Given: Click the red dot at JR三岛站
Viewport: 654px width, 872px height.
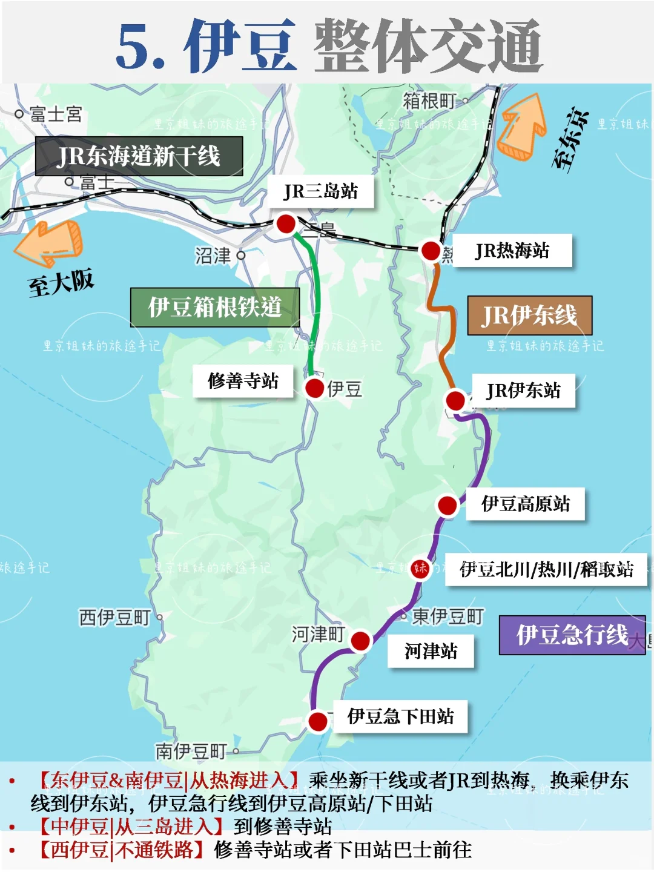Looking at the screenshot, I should pos(286,223).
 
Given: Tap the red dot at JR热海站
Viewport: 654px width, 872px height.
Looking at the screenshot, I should pos(431,250).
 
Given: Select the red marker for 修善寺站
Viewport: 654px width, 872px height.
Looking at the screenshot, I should pos(314,388).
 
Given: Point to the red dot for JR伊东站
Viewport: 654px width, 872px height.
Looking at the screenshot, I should pos(455,400).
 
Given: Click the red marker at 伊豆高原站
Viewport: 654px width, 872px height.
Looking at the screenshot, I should pos(448,505).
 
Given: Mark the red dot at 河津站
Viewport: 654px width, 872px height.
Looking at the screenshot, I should pos(360,641).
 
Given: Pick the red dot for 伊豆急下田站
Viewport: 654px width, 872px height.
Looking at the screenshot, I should pos(318,721).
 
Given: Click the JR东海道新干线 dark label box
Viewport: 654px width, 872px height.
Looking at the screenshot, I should pos(139,156).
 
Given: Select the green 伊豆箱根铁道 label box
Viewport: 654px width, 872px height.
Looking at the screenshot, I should pos(215,308).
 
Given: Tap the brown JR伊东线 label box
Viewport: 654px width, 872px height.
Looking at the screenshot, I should pos(529,315).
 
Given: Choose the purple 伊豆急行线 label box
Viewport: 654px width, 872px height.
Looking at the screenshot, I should pos(572,635).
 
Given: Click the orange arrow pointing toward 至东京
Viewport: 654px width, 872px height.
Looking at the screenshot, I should pos(522,127).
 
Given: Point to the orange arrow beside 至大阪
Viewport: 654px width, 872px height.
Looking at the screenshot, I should pos(50,243).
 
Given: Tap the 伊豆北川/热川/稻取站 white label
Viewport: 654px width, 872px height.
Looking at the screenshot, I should pos(546,569).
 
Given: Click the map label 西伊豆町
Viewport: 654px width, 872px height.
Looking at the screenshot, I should pos(115,618).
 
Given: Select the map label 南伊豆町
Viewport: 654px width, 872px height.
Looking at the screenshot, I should pos(191,751).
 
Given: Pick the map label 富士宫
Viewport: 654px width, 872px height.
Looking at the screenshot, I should pos(56,114).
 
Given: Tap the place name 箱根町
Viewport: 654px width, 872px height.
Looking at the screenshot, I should pos(429,101).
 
